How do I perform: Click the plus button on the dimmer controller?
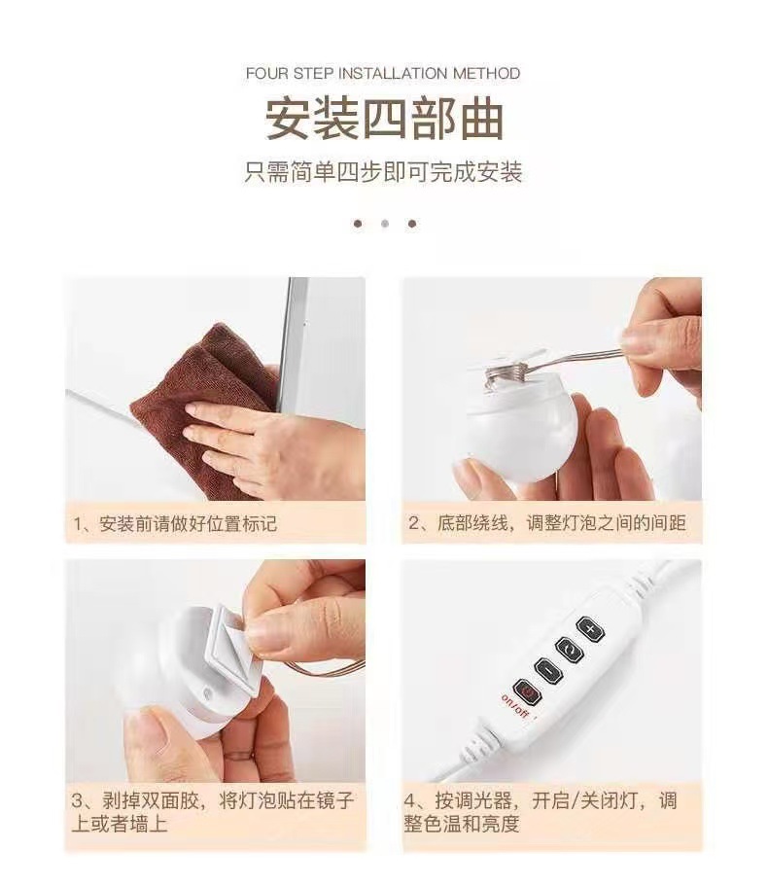point(590,629)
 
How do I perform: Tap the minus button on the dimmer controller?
point(547,671)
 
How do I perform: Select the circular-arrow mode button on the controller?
point(569,650)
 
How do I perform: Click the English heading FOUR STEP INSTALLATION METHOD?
point(383,73)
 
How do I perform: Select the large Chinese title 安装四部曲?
point(384,120)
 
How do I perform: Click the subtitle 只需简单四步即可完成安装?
point(383,172)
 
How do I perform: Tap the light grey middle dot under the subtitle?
point(385,224)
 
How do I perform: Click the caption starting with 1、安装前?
point(175,524)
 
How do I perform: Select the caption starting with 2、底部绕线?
point(546,522)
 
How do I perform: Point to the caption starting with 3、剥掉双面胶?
point(213,812)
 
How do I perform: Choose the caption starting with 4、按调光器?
point(541,812)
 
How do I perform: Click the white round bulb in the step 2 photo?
point(519,429)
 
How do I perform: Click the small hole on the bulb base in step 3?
point(208,692)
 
